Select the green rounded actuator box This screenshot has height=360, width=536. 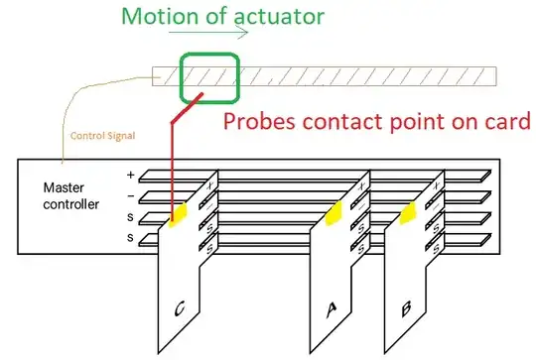pyautogui.click(x=208, y=76)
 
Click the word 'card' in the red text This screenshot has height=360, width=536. pyautogui.click(x=506, y=122)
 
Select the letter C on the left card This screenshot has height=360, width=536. pyautogui.click(x=179, y=310)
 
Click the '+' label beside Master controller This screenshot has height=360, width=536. pyautogui.click(x=130, y=175)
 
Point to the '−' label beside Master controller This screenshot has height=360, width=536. pyautogui.click(x=130, y=194)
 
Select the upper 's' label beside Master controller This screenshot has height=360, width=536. pyautogui.click(x=130, y=215)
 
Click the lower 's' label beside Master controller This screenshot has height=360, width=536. pyautogui.click(x=130, y=238)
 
